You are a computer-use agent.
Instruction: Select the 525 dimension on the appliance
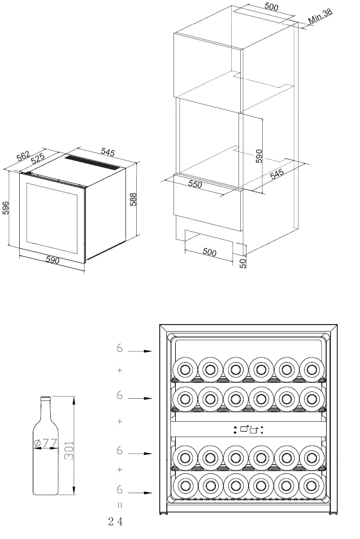click(38, 159)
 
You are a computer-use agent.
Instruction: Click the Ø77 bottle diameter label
click(46, 443)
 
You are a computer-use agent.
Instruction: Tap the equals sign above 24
click(119, 504)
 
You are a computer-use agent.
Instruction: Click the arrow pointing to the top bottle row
click(141, 351)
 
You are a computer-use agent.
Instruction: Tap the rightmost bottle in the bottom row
click(311, 484)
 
